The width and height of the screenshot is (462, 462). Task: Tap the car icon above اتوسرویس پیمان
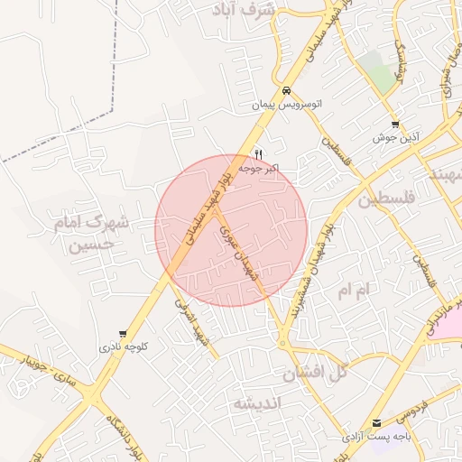pyautogui.click(x=286, y=91)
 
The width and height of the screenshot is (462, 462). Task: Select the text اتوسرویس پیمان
pyautogui.click(x=286, y=106)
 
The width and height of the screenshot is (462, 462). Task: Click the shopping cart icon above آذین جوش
pyautogui.click(x=395, y=125)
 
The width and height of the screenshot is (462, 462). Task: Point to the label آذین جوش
pyautogui.click(x=395, y=139)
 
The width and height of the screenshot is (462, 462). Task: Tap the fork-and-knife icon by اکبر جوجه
pyautogui.click(x=259, y=154)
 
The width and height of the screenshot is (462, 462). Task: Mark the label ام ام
pyautogui.click(x=354, y=291)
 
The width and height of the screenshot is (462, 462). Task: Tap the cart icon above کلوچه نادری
pyautogui.click(x=123, y=334)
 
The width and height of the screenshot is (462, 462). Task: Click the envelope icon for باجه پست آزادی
pyautogui.click(x=376, y=422)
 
